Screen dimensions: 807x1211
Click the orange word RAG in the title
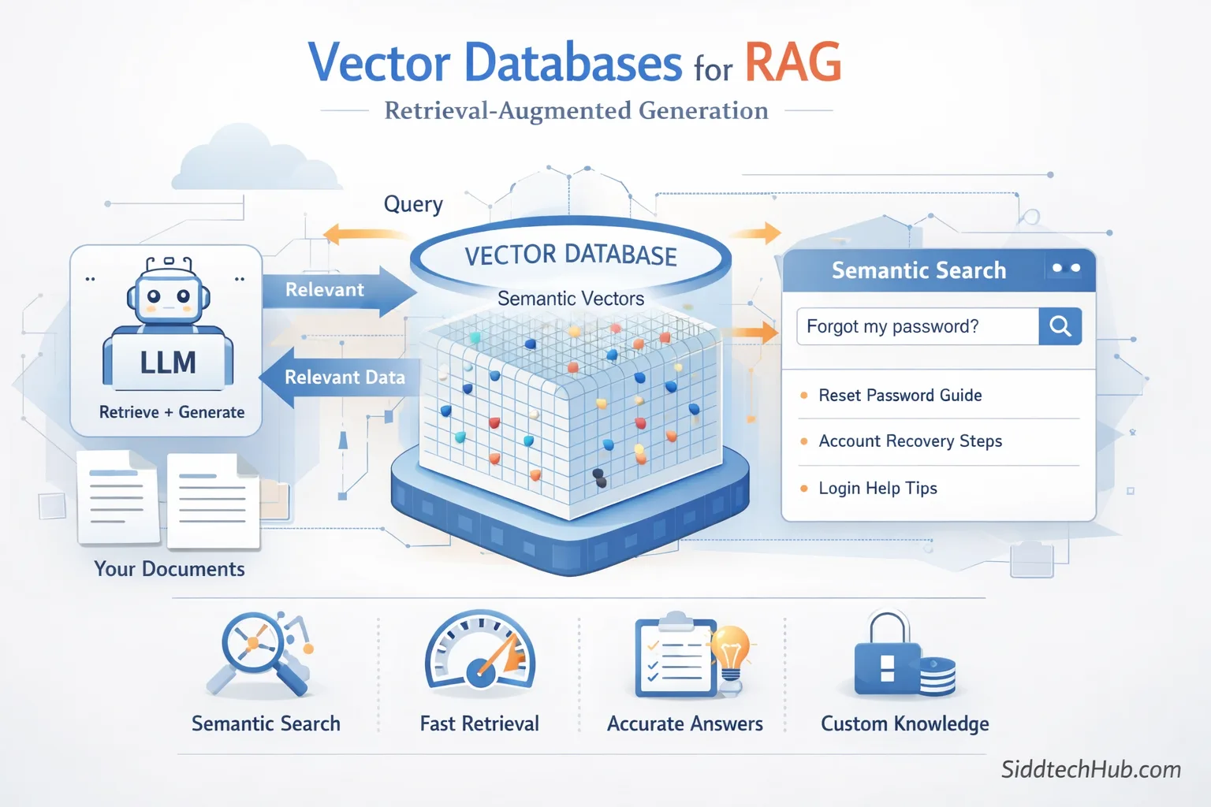point(792,63)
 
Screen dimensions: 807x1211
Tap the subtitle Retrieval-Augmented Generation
point(576,111)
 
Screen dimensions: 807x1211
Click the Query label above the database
point(413,205)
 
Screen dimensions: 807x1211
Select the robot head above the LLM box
point(168,296)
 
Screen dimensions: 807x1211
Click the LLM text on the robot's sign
point(168,363)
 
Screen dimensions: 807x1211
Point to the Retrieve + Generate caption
point(172,412)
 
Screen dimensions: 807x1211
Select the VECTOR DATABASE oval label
point(571,255)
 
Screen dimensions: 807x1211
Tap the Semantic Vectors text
point(571,299)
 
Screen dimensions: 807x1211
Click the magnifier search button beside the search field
point(1060,326)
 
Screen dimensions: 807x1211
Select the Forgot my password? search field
point(917,326)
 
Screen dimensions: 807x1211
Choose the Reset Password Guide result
point(900,396)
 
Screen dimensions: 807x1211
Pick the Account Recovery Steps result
point(911,441)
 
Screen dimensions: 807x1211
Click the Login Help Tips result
point(878,489)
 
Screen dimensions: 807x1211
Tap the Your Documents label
point(170,569)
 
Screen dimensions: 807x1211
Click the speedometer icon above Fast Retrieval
point(480,652)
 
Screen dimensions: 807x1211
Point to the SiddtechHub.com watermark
point(1091,769)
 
